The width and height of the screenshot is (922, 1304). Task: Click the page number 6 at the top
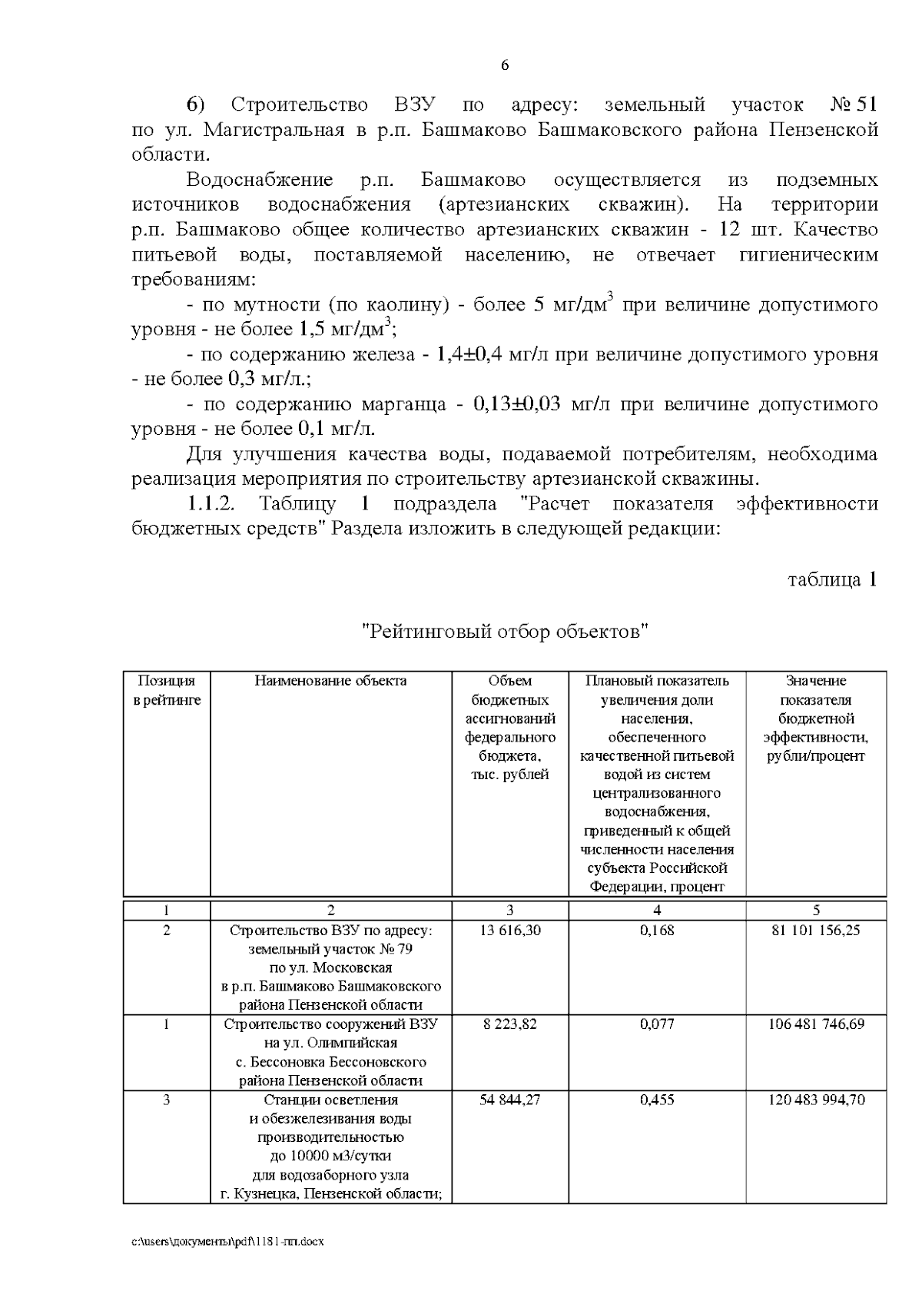point(505,66)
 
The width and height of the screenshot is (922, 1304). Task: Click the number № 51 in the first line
point(854,105)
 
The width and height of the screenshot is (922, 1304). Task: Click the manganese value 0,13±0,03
point(517,404)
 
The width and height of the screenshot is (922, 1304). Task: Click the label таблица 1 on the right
point(832,579)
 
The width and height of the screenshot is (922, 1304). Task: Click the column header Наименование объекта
point(330,681)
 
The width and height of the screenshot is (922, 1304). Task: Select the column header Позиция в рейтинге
point(167,690)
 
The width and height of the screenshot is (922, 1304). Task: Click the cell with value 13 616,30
point(509,931)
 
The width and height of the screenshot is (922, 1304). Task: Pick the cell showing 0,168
point(657,931)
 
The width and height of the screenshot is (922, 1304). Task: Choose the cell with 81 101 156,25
point(816,931)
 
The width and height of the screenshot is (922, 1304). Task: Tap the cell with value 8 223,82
point(509,1024)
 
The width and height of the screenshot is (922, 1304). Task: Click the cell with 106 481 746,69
point(816,1024)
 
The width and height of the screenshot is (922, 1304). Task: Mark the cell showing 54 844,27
point(509,1100)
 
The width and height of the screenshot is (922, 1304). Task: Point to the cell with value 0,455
point(657,1100)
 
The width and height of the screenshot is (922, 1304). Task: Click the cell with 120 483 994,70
point(816,1100)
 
